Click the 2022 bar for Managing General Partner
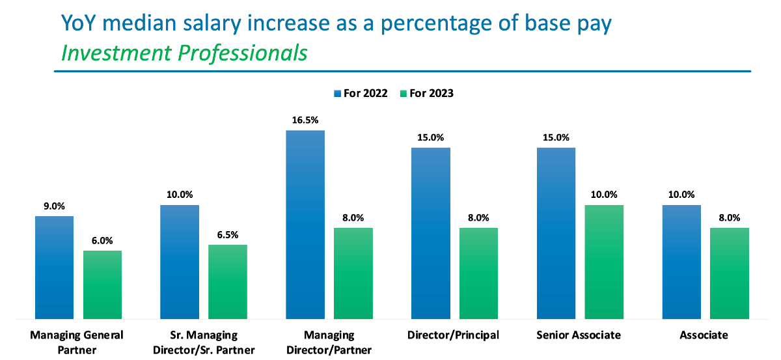tap(54, 267)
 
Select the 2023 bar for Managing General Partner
tap(102, 284)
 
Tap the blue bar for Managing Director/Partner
tap(305, 225)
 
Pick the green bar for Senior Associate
tap(604, 262)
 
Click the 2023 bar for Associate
tap(730, 273)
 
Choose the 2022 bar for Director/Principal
tap(431, 233)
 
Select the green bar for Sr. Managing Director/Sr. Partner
tap(228, 282)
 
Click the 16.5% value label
tap(305, 120)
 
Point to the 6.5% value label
tap(228, 235)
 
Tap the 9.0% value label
tap(54, 206)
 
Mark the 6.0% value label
tap(102, 241)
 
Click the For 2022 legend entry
tap(361, 93)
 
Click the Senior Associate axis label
tap(579, 335)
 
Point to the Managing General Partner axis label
tap(77, 342)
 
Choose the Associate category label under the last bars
tap(703, 335)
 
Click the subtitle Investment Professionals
tap(184, 53)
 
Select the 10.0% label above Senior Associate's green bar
tap(604, 195)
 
